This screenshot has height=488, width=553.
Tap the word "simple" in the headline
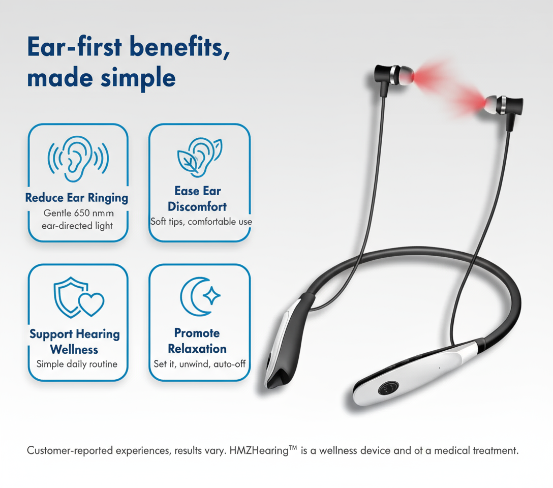pyautogui.click(x=138, y=78)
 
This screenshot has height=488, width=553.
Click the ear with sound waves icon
pyautogui.click(x=78, y=159)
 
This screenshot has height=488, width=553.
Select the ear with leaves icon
pyautogui.click(x=199, y=157)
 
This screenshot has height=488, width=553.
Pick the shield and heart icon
pyautogui.click(x=79, y=297)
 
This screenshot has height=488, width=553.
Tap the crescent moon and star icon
pyautogui.click(x=200, y=296)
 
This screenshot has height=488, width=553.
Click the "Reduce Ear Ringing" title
pyautogui.click(x=77, y=198)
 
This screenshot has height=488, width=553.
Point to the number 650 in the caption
pyautogui.click(x=82, y=213)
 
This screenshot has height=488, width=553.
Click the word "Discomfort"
pyautogui.click(x=197, y=206)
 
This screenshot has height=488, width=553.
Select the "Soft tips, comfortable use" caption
pyautogui.click(x=201, y=222)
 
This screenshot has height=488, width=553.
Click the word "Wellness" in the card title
pyautogui.click(x=74, y=349)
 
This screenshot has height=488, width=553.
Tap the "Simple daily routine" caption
pyautogui.click(x=77, y=364)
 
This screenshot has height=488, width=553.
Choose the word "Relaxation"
pyautogui.click(x=197, y=349)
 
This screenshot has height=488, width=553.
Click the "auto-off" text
pyautogui.click(x=230, y=364)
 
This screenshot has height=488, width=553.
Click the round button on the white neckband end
pyautogui.click(x=388, y=389)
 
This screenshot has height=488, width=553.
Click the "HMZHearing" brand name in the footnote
pyautogui.click(x=259, y=450)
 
